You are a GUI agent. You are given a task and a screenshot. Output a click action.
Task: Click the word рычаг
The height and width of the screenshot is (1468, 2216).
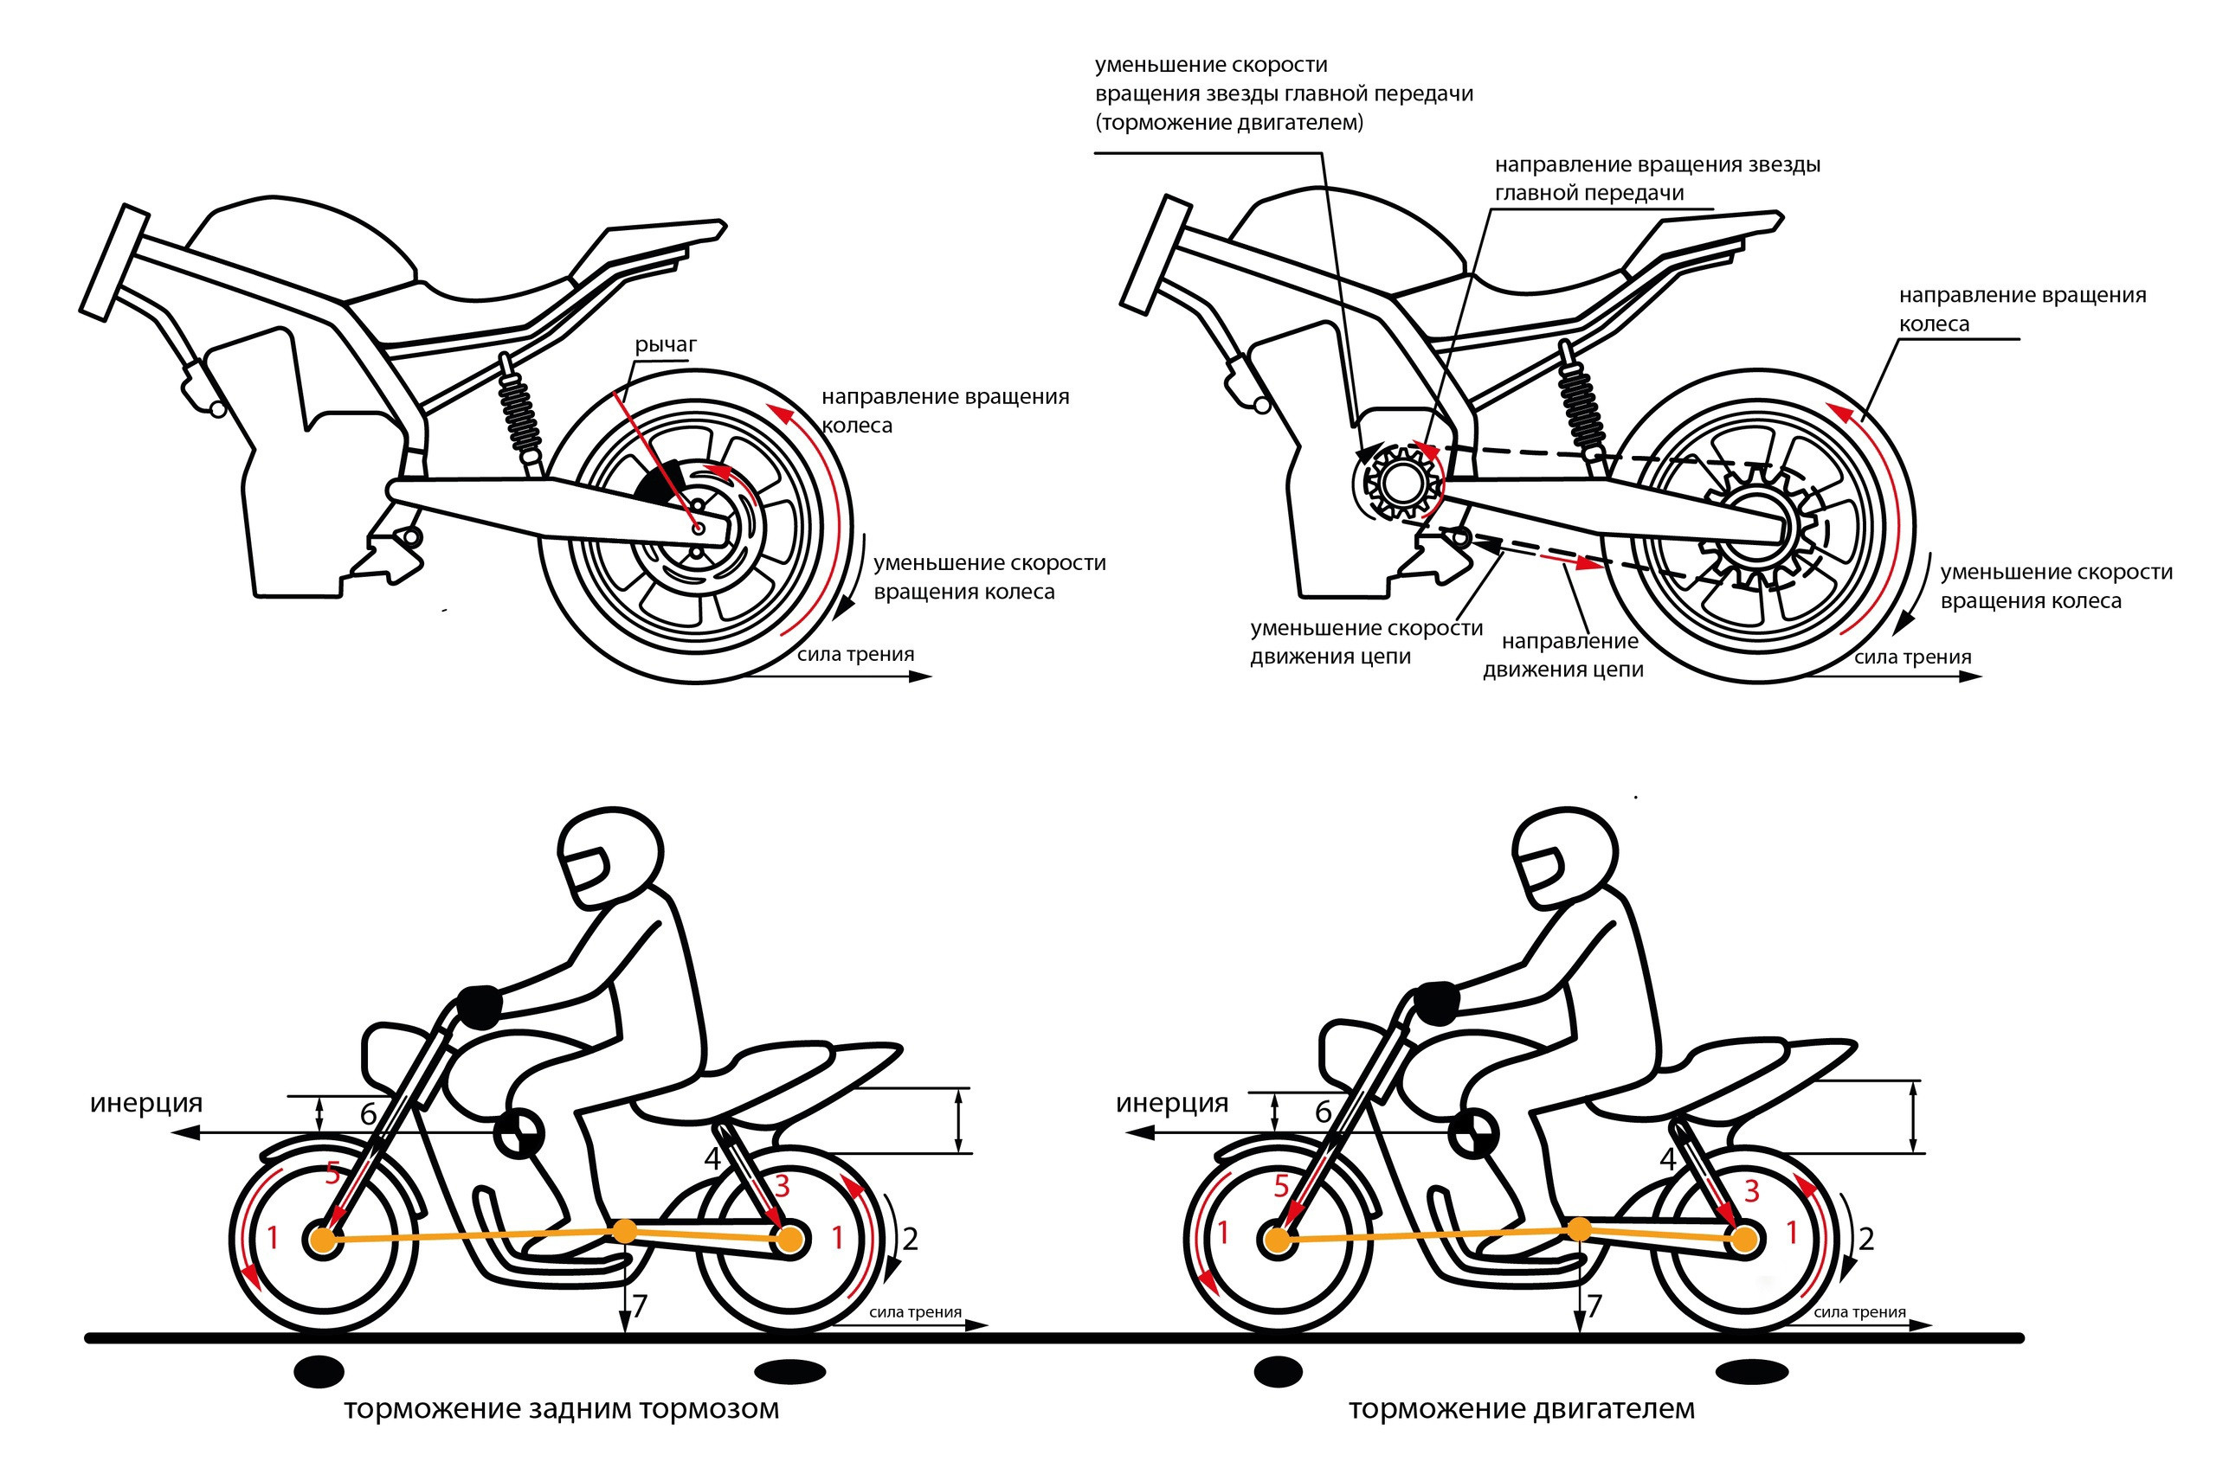[665, 345]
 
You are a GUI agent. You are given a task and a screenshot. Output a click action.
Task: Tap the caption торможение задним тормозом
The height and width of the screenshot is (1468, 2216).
[561, 1409]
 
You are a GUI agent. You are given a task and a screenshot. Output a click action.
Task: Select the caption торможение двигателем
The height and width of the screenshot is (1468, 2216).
[1521, 1409]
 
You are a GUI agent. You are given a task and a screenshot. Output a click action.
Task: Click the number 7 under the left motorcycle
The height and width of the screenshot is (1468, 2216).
[640, 1306]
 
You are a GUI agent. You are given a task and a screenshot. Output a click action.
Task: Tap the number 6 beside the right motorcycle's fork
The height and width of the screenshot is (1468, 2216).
[1323, 1112]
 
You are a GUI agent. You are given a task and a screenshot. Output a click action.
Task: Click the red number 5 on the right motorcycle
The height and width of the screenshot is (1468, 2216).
[1281, 1187]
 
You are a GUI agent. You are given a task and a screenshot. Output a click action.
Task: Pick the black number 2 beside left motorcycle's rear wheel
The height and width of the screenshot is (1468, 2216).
[910, 1239]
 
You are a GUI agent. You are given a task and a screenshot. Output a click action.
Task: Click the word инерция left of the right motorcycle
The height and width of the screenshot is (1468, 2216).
[1172, 1103]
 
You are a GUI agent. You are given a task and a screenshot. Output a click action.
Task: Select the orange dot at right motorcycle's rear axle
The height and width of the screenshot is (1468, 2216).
[1744, 1240]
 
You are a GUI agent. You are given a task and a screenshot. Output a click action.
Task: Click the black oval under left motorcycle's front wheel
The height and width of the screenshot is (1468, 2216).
[319, 1372]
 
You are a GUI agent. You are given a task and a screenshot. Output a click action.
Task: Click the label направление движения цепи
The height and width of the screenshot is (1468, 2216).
[1563, 656]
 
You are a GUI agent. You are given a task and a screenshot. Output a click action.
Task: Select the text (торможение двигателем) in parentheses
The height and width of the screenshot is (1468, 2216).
[1229, 123]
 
